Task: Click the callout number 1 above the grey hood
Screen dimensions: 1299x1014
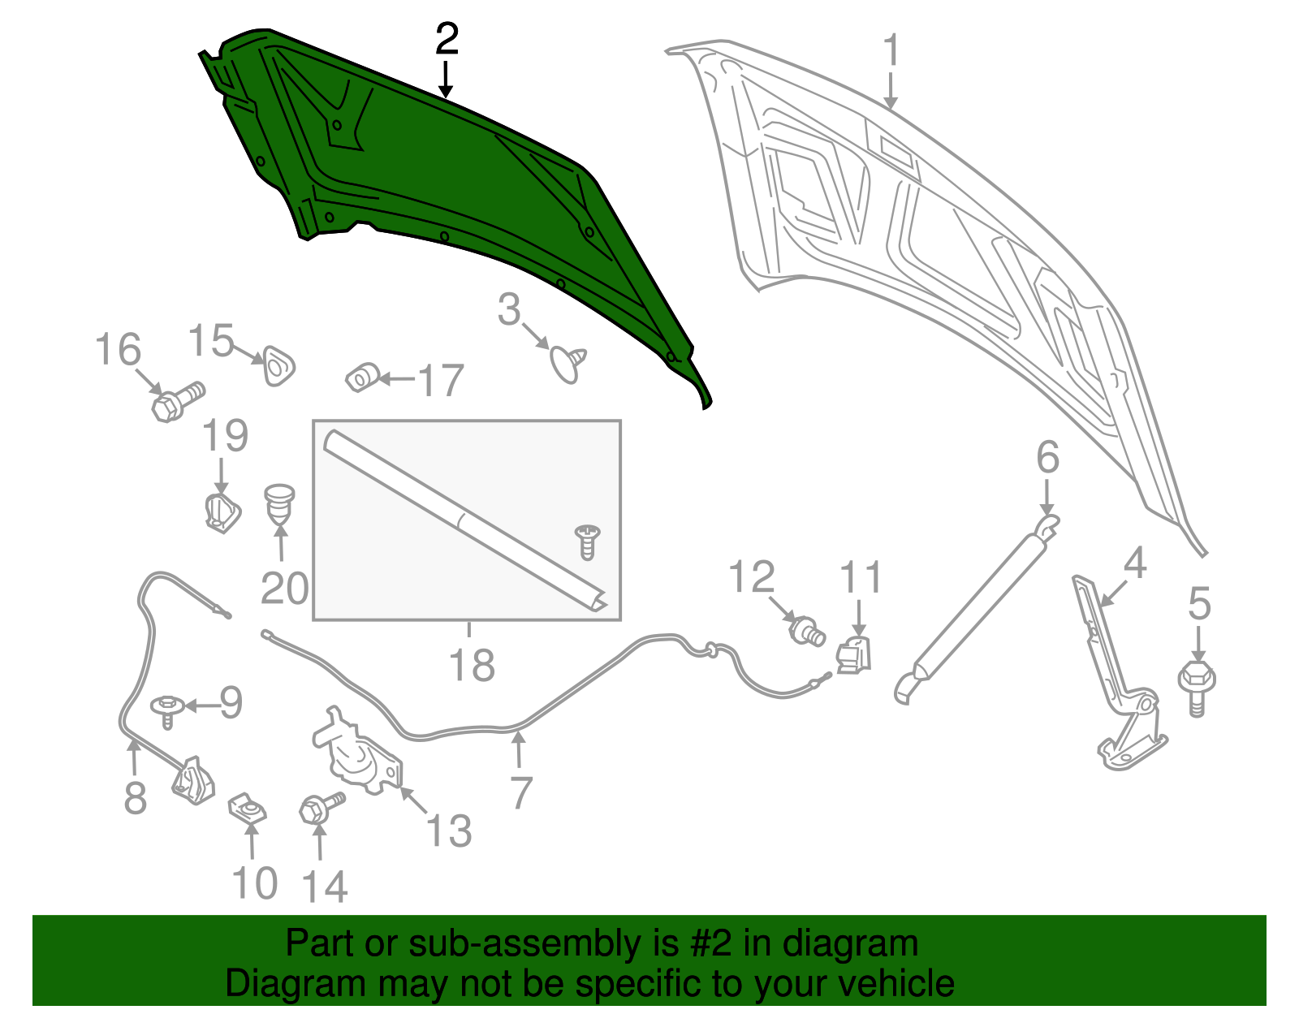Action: click(891, 50)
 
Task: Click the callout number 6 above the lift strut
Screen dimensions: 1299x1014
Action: click(1047, 458)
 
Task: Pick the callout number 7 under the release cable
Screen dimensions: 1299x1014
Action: click(520, 792)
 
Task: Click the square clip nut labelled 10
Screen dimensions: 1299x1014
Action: click(248, 809)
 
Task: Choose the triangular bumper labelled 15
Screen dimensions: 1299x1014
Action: click(277, 367)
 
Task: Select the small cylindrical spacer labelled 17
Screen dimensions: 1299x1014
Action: click(362, 378)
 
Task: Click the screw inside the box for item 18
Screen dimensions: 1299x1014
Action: click(586, 541)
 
